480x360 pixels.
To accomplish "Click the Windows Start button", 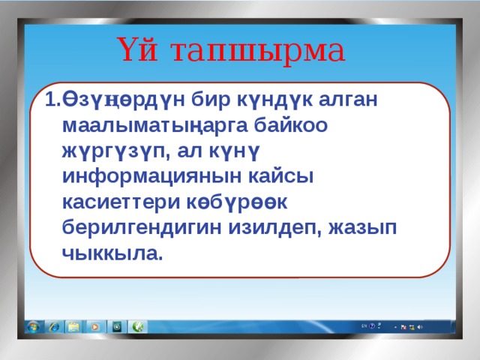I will [33, 327].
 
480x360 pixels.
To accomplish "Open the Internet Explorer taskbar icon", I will [54, 327].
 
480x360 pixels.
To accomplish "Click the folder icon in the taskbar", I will [74, 327].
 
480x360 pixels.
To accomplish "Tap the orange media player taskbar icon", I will [95, 327].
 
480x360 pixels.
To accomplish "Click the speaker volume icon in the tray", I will [420, 328].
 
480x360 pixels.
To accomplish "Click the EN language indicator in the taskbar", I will [364, 327].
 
